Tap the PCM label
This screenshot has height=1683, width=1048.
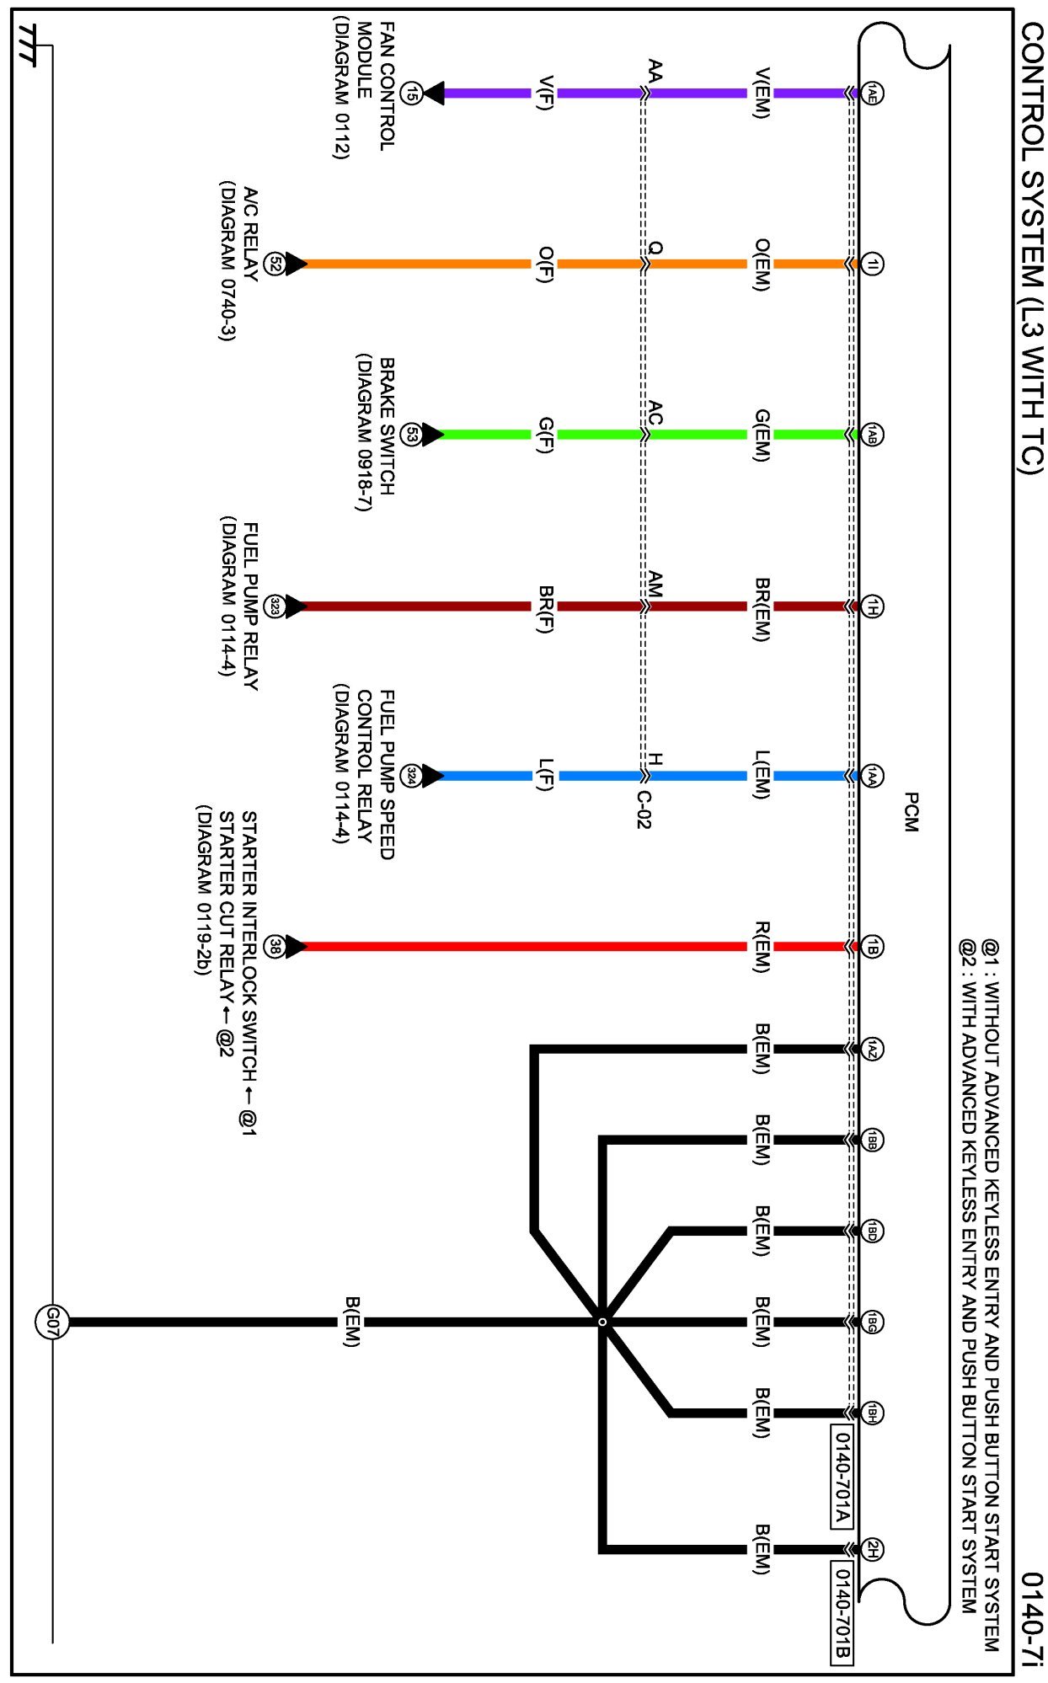click(911, 812)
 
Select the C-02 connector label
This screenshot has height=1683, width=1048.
click(644, 809)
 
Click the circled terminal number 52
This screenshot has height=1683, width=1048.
click(275, 264)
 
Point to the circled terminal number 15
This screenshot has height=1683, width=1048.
click(410, 93)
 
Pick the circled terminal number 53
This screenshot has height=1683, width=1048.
click(410, 435)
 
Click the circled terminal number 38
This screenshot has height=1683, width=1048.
click(275, 946)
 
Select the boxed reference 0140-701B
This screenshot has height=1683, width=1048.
click(842, 1612)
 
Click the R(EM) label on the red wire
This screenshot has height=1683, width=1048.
click(761, 946)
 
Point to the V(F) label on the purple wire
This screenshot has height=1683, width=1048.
click(545, 93)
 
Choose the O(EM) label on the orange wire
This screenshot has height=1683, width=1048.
click(761, 264)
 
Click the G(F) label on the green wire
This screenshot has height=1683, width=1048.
click(545, 435)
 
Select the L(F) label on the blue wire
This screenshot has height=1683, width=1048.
click(545, 775)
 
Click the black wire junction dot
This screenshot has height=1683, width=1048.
click(602, 1322)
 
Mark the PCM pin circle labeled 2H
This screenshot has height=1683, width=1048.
click(873, 1549)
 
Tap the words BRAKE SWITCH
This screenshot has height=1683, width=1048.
click(387, 426)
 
